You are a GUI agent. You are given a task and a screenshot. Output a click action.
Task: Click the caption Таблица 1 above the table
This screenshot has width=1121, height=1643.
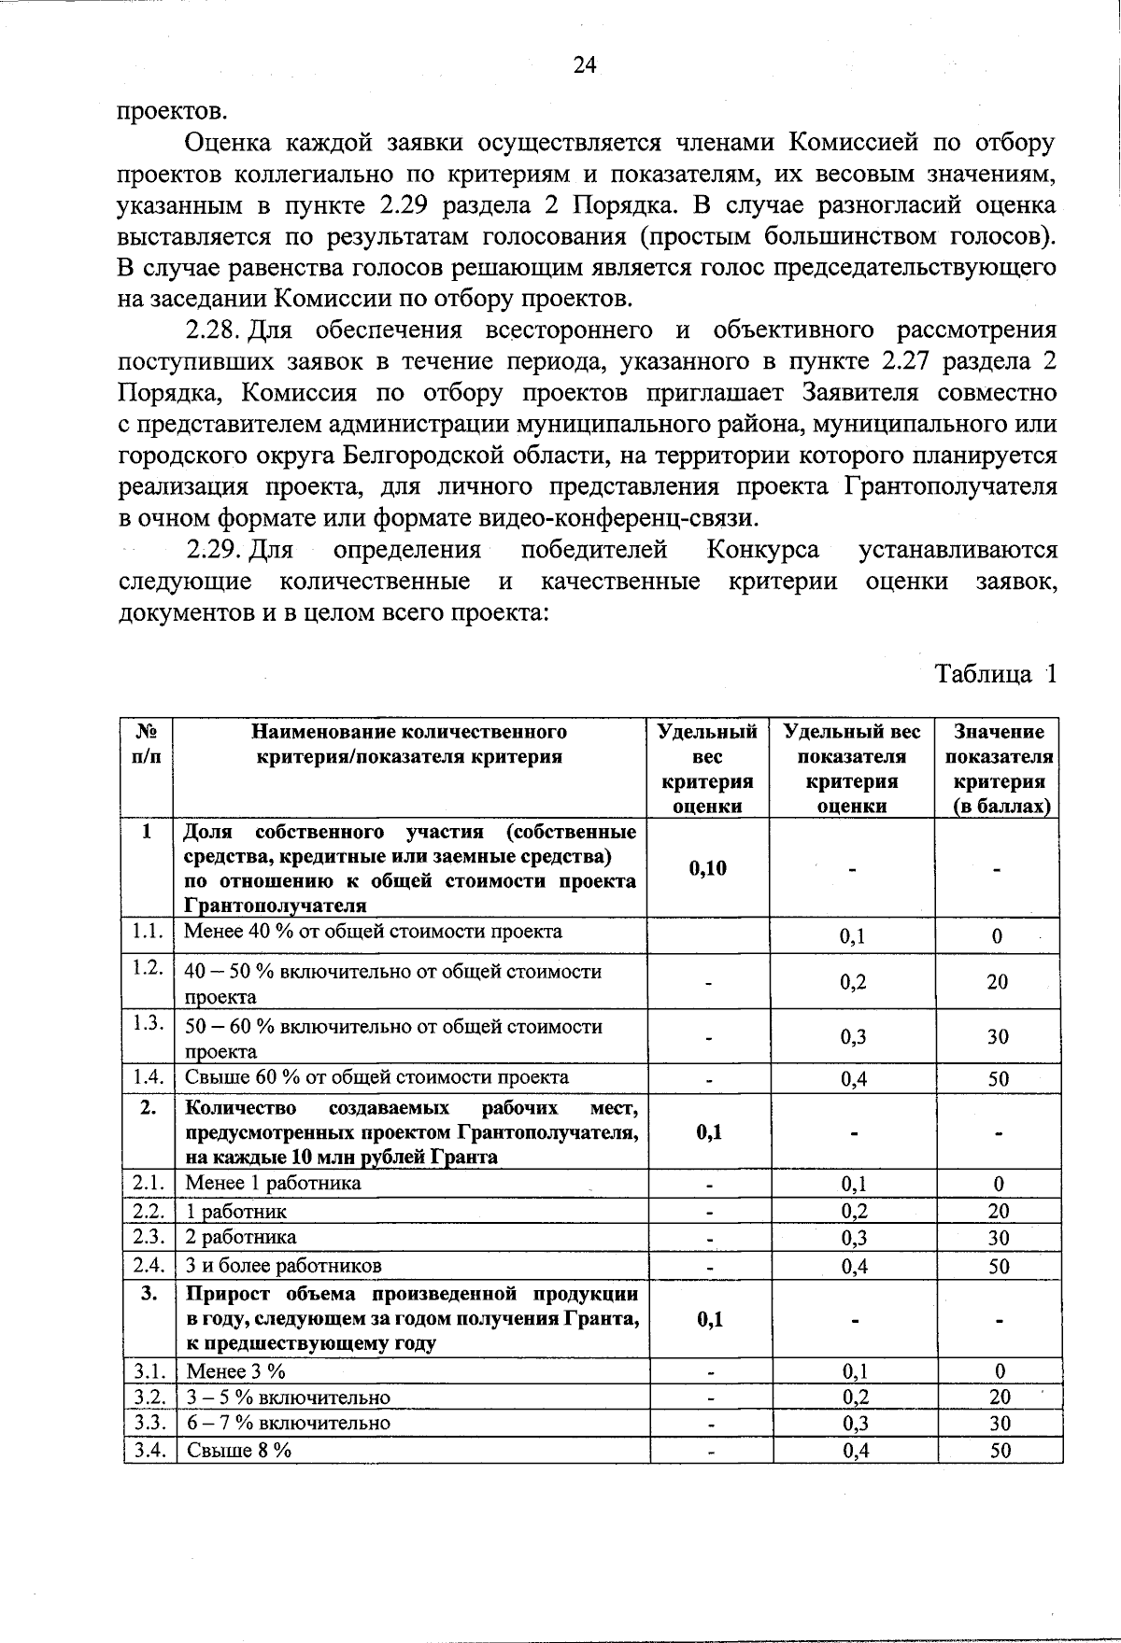coord(996,674)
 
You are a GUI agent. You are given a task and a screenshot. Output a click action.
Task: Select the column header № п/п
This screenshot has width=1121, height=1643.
coord(148,744)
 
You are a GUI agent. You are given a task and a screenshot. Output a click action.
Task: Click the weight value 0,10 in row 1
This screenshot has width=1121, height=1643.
coord(707,869)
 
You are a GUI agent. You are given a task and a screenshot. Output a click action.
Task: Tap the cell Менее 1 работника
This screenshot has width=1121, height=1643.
coord(274,1184)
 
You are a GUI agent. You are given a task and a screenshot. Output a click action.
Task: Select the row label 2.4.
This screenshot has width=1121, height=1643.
coord(149,1265)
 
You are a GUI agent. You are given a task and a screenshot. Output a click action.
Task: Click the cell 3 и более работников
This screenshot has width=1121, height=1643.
coord(284,1266)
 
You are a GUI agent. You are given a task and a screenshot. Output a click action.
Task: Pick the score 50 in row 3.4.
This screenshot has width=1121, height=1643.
coord(1000,1451)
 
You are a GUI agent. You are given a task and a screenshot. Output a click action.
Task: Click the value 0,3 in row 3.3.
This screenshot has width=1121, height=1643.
coord(852,1424)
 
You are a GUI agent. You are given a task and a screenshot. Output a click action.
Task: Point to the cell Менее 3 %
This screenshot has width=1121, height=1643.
coord(236,1371)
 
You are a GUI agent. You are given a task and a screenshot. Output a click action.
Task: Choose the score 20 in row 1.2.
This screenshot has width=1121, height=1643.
coord(998,982)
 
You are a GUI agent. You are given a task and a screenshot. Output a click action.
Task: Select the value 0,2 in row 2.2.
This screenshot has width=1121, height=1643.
coord(852,1212)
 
